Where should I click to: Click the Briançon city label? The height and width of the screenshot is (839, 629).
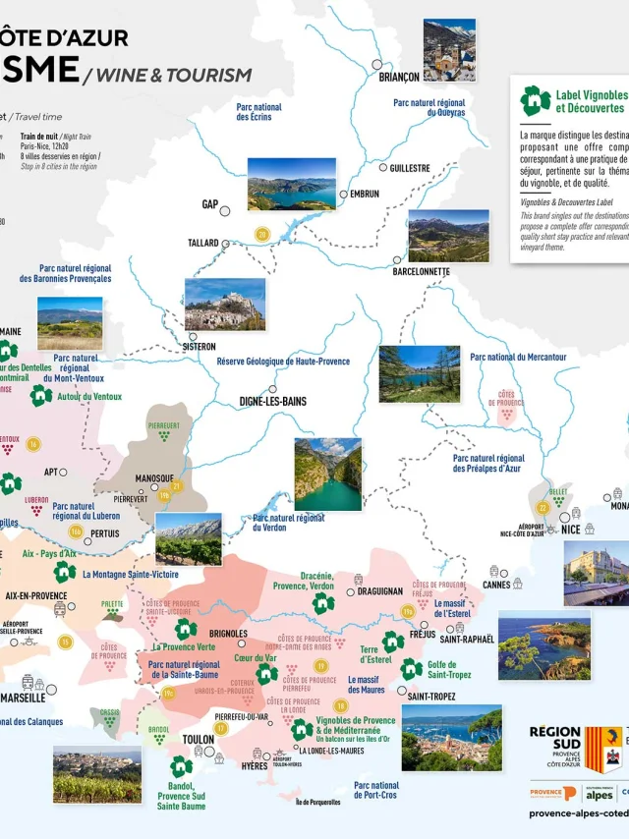(x=399, y=77)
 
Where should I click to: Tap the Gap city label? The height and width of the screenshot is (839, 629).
(x=209, y=205)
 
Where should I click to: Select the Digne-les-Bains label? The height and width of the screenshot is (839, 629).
(x=273, y=402)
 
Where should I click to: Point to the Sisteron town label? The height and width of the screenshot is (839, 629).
(x=199, y=347)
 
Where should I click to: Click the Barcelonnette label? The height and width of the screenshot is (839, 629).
(x=421, y=271)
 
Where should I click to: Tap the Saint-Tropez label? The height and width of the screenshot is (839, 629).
(x=430, y=697)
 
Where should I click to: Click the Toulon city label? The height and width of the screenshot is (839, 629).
(x=198, y=740)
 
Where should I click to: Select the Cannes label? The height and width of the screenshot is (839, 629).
(x=496, y=585)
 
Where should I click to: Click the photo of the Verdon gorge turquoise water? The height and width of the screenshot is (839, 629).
(x=327, y=475)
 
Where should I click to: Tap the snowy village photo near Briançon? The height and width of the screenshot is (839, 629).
(x=449, y=49)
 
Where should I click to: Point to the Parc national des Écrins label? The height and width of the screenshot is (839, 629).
(x=258, y=112)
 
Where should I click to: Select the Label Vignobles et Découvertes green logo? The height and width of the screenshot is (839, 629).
(x=535, y=100)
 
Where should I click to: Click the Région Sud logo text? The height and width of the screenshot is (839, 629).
(x=555, y=743)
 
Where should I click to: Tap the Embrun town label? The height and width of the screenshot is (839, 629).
(x=364, y=195)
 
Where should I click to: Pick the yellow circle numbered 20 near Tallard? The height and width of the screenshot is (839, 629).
(x=261, y=234)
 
